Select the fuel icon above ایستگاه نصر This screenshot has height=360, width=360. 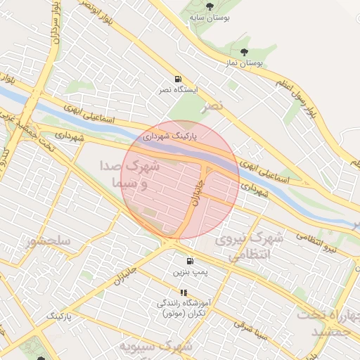178,79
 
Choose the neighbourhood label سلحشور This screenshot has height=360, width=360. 49,241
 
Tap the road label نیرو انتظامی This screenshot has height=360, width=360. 320,244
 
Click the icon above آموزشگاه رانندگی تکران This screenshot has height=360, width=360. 184,292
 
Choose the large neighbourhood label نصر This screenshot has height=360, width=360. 213,105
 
